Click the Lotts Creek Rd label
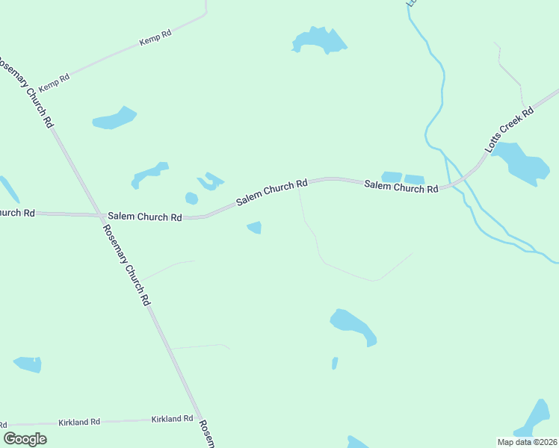(x=509, y=130)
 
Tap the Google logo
(x=25, y=439)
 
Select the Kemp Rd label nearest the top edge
(x=155, y=38)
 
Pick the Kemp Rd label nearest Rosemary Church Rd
(x=54, y=81)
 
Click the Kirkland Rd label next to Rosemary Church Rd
(x=172, y=419)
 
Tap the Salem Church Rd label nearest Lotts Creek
(x=401, y=186)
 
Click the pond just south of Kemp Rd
(x=114, y=118)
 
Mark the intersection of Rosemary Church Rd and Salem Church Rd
(x=101, y=215)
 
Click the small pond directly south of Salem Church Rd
(x=255, y=227)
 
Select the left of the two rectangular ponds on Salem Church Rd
(x=392, y=177)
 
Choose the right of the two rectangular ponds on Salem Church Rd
(x=414, y=179)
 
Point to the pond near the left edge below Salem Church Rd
(x=28, y=364)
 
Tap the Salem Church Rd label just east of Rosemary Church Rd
(x=145, y=217)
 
